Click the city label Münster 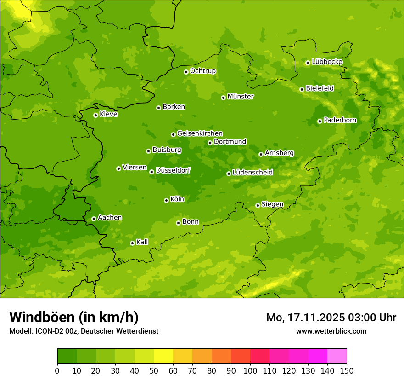[x=241, y=97]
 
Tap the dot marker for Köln [x=166, y=200]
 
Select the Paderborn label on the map [x=340, y=120]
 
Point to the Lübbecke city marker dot [x=308, y=63]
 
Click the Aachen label [x=110, y=218]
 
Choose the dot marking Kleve [x=95, y=115]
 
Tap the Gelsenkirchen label [x=200, y=133]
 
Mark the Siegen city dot [x=258, y=205]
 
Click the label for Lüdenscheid [x=252, y=173]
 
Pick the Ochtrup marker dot [x=186, y=72]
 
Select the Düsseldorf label [x=173, y=170]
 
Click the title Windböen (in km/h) [x=74, y=317]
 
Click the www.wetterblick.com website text [x=331, y=331]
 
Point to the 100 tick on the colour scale [x=250, y=370]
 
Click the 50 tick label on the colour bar [x=154, y=370]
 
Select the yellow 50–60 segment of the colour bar [x=163, y=356]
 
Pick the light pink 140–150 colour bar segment [x=337, y=356]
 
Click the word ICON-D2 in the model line [x=49, y=331]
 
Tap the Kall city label [x=142, y=242]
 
